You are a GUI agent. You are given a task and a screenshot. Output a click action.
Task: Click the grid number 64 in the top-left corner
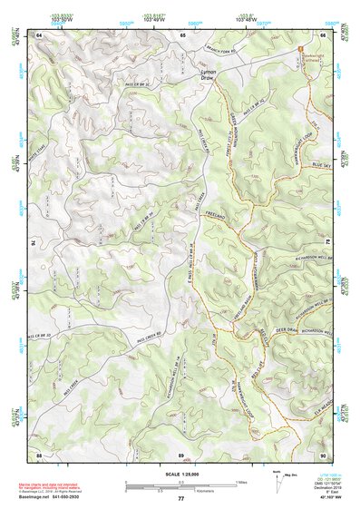40,34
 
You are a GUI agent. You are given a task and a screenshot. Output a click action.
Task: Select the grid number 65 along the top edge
182,34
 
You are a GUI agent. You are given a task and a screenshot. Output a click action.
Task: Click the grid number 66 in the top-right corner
324,34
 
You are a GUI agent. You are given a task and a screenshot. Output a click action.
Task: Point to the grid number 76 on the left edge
38,243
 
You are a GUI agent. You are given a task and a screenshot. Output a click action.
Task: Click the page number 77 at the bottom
181,499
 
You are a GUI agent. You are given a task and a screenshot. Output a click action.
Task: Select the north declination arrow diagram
277,481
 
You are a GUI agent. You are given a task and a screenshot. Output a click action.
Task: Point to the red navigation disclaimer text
69,483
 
